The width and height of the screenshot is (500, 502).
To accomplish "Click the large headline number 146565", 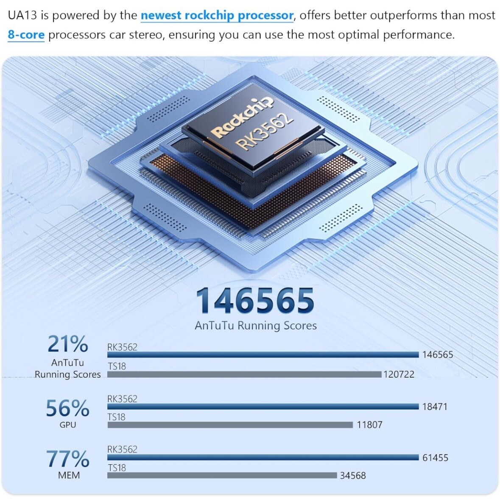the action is [255, 300].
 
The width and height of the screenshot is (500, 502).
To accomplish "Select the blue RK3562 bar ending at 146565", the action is [263, 354].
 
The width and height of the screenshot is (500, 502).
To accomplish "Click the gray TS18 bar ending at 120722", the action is [244, 374].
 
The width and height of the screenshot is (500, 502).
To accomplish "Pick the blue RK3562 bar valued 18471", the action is [263, 407].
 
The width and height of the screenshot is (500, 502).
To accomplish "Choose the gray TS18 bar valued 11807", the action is [230, 425].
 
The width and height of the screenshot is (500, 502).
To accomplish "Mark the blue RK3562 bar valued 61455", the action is [263, 457].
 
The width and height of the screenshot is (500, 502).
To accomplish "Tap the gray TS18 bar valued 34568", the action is [222, 475].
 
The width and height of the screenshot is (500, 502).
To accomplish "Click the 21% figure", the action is [67, 344].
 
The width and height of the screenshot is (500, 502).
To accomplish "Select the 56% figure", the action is [67, 408].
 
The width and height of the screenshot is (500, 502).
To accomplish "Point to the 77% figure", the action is [67, 459].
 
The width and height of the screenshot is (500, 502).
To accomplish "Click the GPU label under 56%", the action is [68, 425].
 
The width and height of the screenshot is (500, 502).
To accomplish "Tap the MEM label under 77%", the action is [69, 475].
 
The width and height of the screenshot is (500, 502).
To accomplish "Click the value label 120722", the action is [399, 374].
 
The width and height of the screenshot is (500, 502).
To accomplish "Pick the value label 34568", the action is [353, 475].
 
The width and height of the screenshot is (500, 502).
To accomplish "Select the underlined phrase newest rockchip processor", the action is [217, 15].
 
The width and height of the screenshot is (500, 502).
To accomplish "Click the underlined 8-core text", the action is [26, 35].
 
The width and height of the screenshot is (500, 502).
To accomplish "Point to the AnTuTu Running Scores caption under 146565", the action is [256, 326].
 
